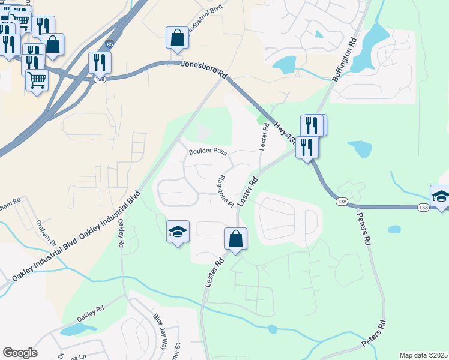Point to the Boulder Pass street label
[208, 152]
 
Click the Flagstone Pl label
[224, 191]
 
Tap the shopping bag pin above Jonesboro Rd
[178, 38]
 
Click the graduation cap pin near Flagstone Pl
[178, 232]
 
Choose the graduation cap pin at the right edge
[440, 196]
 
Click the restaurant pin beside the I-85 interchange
[99, 62]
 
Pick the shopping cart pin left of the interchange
[37, 79]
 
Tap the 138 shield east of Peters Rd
[424, 208]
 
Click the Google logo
[20, 353]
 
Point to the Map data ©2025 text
[423, 355]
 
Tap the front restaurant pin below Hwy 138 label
[307, 147]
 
